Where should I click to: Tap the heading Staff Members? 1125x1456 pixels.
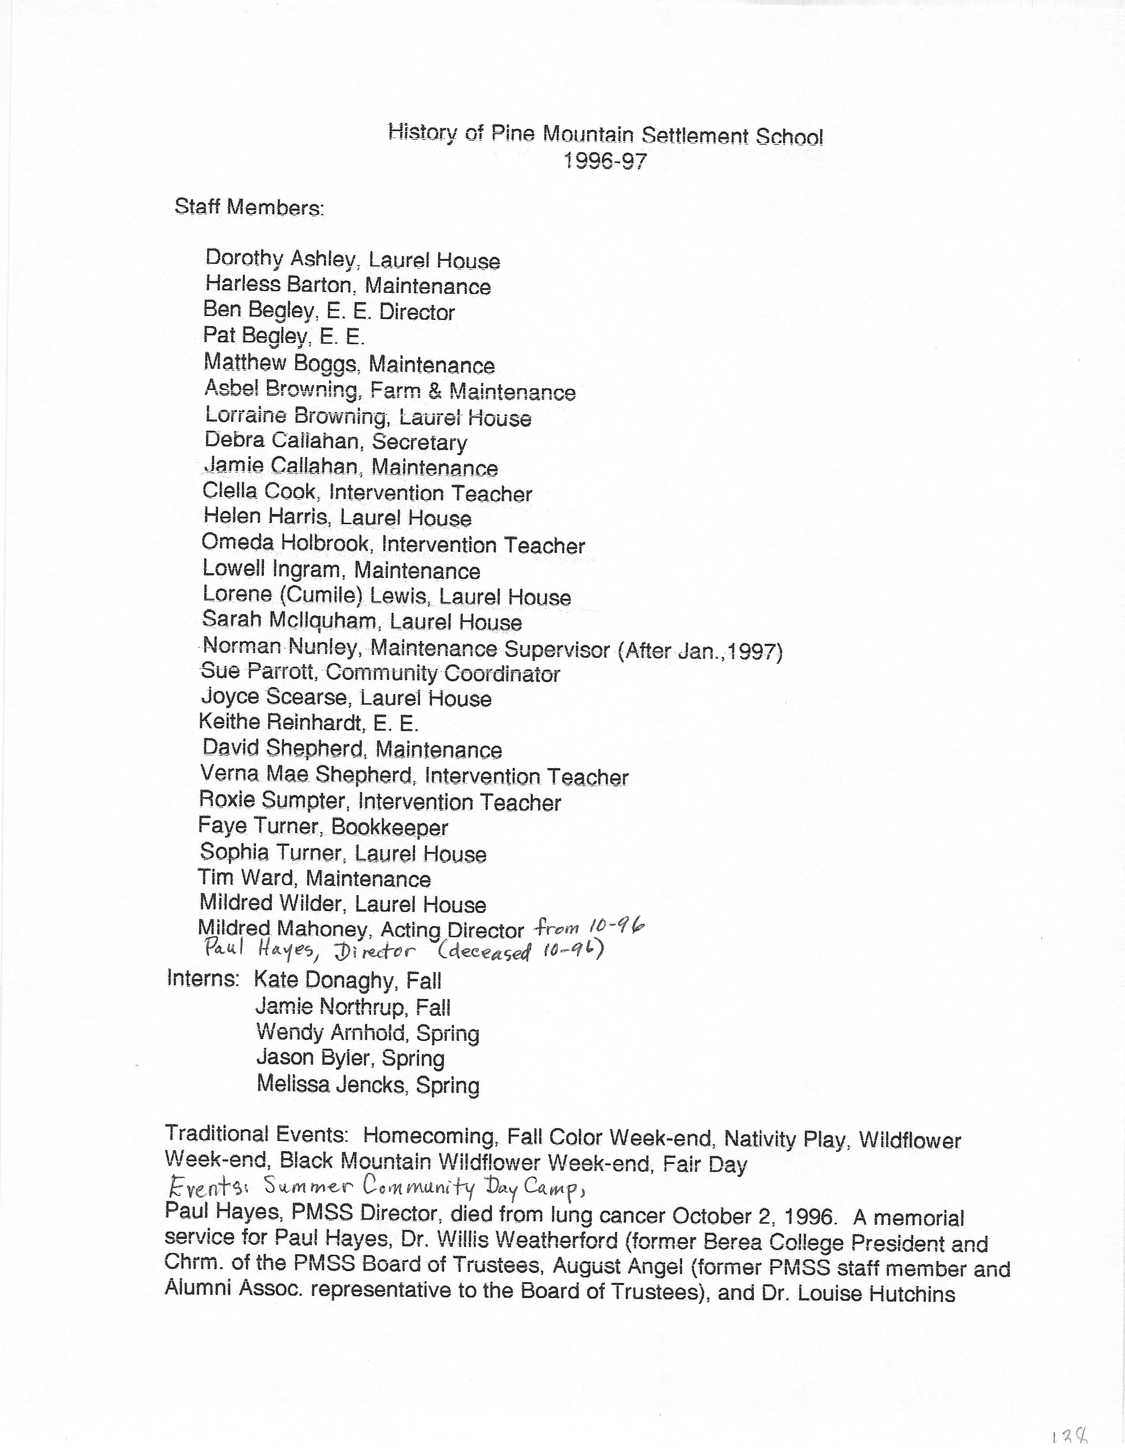pyautogui.click(x=249, y=207)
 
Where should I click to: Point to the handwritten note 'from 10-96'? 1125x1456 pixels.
pyautogui.click(x=590, y=927)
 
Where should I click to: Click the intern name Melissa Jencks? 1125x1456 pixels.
pyautogui.click(x=330, y=1084)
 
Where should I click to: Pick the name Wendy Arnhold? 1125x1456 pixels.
pyautogui.click(x=331, y=1033)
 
